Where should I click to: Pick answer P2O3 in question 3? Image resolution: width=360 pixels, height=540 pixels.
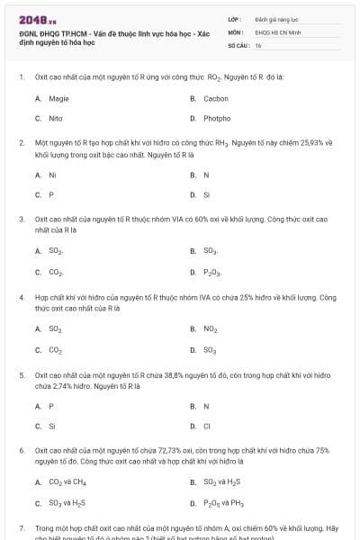pyautogui.click(x=212, y=271)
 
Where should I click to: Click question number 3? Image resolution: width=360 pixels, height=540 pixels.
pyautogui.click(x=21, y=219)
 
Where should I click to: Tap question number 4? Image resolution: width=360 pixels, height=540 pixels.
pyautogui.click(x=21, y=296)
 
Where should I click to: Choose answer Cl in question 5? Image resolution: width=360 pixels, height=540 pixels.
pyautogui.click(x=206, y=426)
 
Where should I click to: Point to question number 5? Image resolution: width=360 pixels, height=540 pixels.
pyautogui.click(x=21, y=373)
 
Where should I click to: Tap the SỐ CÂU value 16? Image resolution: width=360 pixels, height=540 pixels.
pyautogui.click(x=258, y=44)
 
